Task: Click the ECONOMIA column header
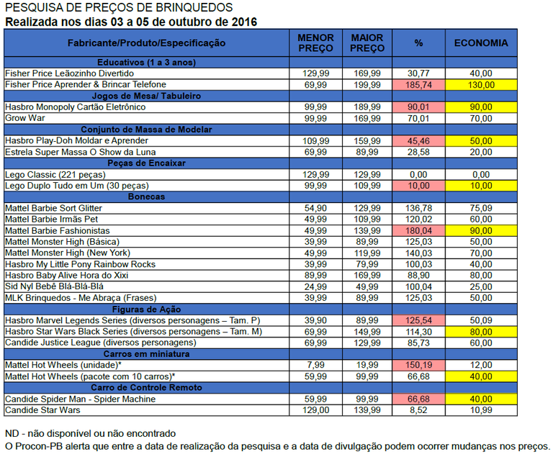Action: coord(480,43)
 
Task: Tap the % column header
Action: coord(418,43)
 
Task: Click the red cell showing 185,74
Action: coord(418,85)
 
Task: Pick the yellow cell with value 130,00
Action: coord(480,85)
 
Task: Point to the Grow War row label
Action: coord(26,118)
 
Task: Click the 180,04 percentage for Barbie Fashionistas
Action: coord(418,230)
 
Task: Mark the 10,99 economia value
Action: coord(480,410)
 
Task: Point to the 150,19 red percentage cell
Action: coord(418,365)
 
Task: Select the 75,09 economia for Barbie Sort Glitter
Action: coord(480,208)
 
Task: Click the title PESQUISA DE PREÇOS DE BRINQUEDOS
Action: coord(118,8)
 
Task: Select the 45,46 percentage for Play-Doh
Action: coord(418,140)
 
